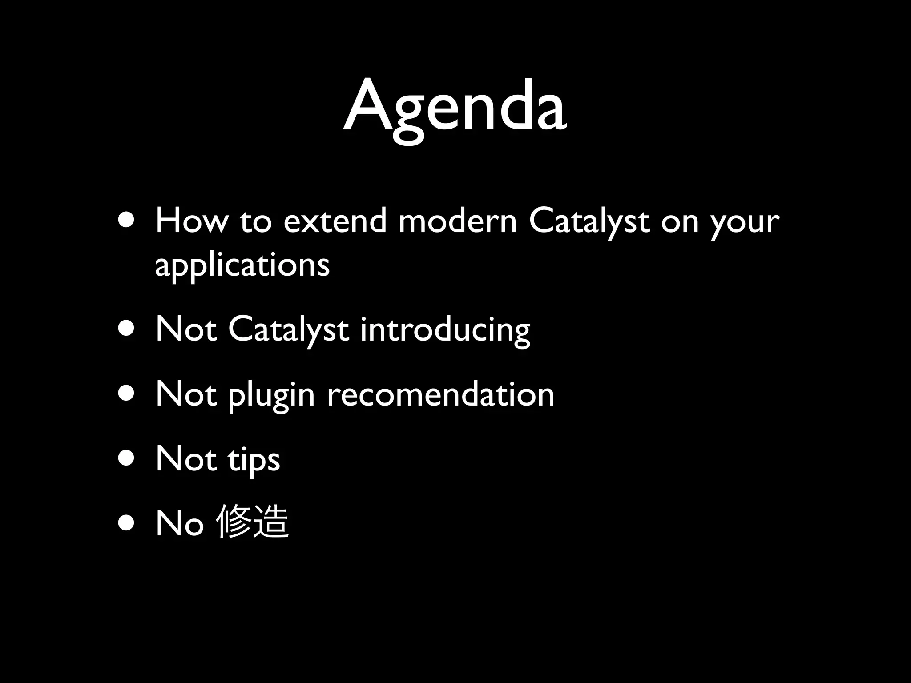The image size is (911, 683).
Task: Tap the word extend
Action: click(x=335, y=221)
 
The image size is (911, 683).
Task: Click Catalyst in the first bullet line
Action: click(x=589, y=222)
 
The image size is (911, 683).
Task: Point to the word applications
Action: click(x=242, y=265)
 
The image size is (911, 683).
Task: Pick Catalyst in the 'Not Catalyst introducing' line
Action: click(x=289, y=330)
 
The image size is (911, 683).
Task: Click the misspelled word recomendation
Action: click(x=440, y=394)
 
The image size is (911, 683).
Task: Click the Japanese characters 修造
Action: click(x=252, y=522)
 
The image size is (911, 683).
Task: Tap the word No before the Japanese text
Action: click(x=180, y=523)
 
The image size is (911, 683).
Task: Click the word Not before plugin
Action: click(x=186, y=394)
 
